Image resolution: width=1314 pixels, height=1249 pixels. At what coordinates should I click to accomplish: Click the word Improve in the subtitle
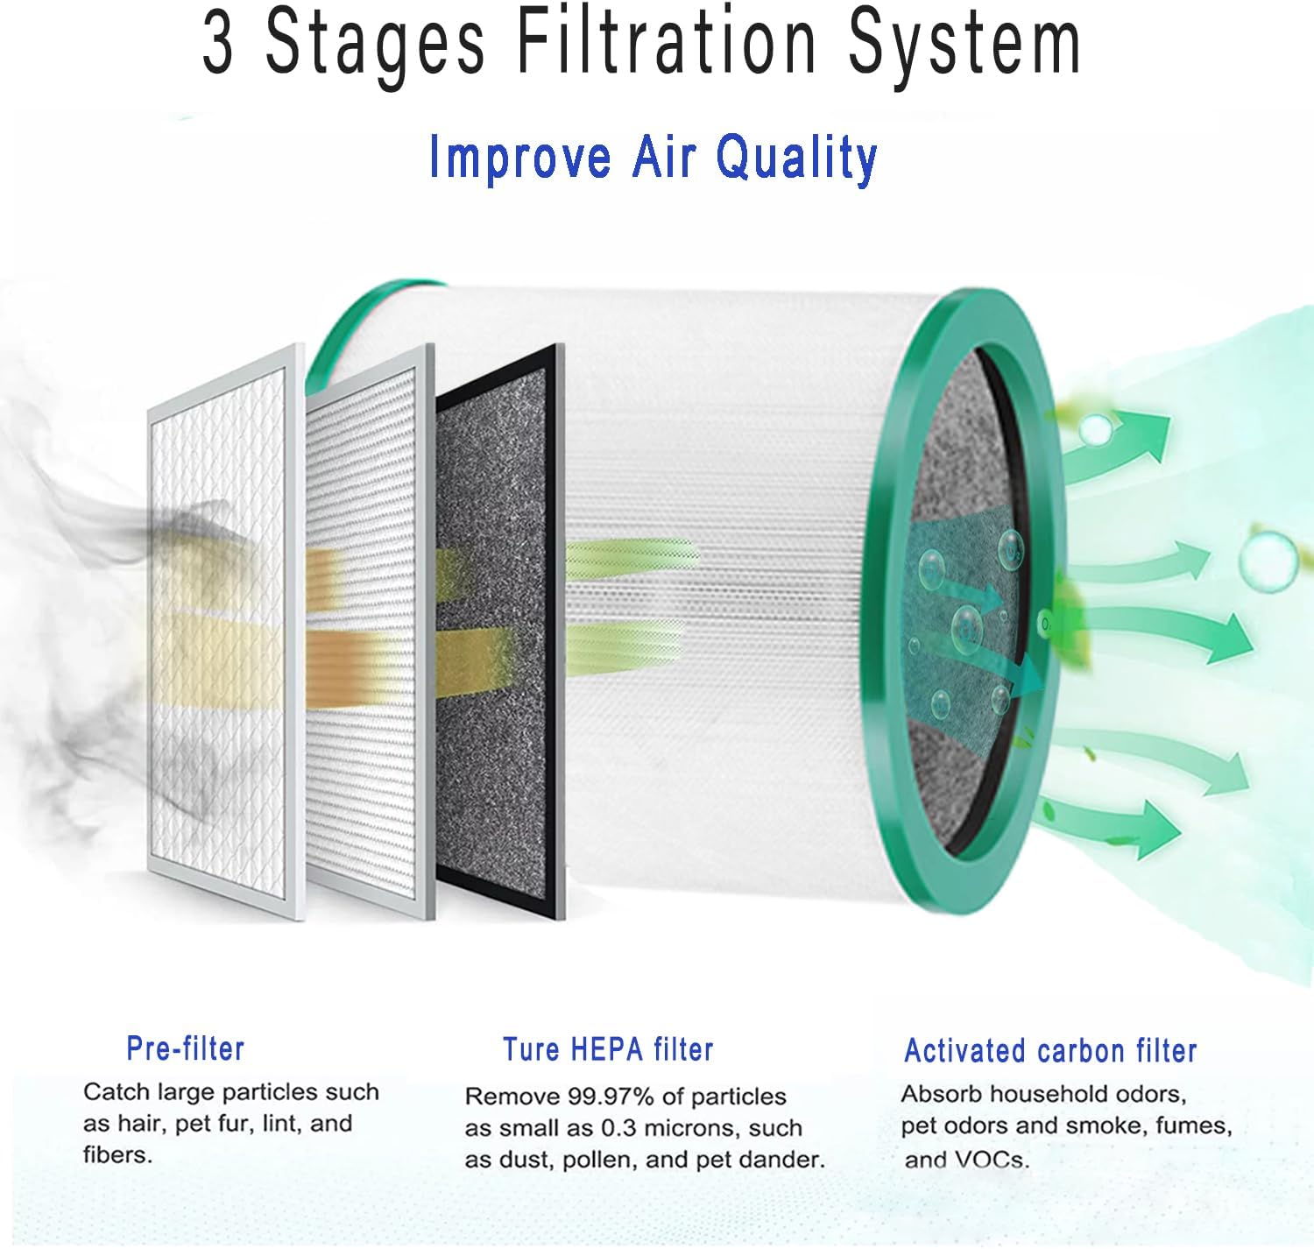click(519, 158)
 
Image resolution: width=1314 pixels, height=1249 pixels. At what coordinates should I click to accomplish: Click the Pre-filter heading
click(185, 1048)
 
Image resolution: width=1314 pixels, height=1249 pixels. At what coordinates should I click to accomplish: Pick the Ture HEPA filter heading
click(608, 1048)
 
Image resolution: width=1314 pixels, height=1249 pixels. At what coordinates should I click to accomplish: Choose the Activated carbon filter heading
click(1050, 1050)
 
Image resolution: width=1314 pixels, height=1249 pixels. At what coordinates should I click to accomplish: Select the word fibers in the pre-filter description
click(117, 1154)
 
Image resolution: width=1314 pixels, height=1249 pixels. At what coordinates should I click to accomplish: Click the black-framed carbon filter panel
click(500, 631)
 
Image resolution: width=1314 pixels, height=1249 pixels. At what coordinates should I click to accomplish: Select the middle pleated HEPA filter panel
click(369, 631)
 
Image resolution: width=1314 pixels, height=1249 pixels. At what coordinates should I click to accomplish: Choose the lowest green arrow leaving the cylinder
click(1113, 823)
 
